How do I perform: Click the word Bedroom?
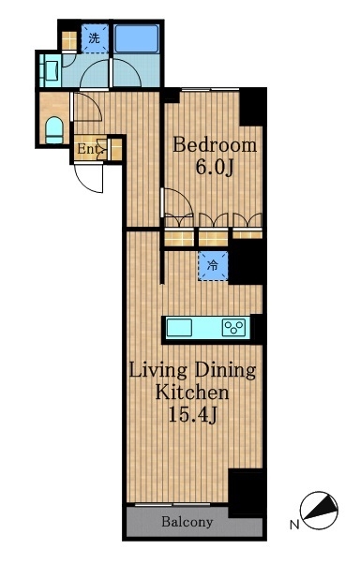[x=215, y=145]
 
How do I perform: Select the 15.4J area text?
[x=192, y=415]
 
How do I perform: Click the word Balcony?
[x=187, y=522]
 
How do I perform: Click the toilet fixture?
[x=54, y=130]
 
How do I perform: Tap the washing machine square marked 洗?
[x=95, y=38]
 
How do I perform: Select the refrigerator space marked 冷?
[x=213, y=266]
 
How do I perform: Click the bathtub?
[x=136, y=38]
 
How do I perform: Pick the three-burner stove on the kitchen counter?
[x=233, y=327]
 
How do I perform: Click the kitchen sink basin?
[x=178, y=327]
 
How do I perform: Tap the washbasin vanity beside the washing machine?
[x=50, y=69]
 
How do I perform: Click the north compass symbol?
[x=319, y=510]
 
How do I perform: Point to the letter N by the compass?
[x=294, y=525]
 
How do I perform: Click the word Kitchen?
[x=192, y=392]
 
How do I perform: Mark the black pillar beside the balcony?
[x=246, y=493]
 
